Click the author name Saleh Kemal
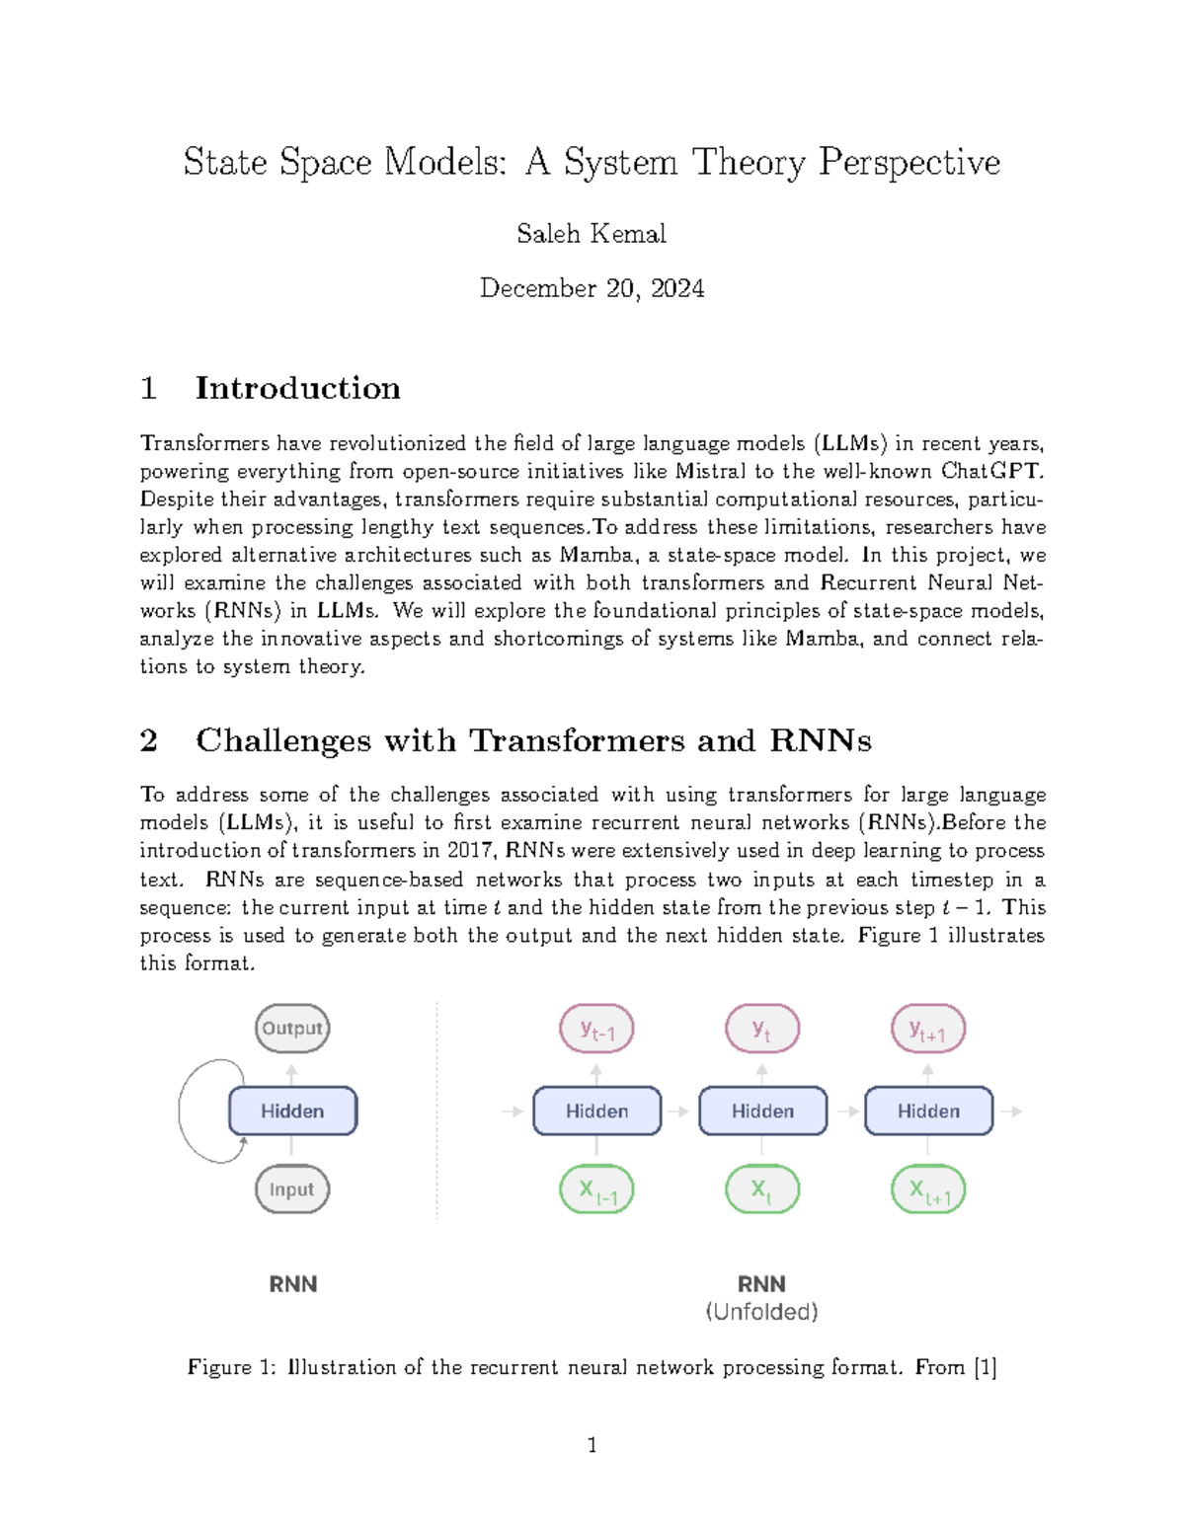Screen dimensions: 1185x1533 click(x=592, y=234)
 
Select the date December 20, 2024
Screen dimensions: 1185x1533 click(x=592, y=288)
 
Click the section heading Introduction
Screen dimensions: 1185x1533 click(x=297, y=388)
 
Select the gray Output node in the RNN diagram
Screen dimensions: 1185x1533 click(x=292, y=1029)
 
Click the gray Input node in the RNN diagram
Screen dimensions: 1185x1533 click(x=292, y=1189)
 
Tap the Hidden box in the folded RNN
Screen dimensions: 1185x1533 click(x=292, y=1111)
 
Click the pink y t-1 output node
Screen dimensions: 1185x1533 click(x=596, y=1030)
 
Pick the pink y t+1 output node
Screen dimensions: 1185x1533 click(x=928, y=1030)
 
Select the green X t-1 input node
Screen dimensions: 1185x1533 click(x=596, y=1190)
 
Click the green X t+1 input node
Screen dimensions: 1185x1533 click(x=928, y=1190)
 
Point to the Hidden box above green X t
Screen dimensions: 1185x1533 click(x=762, y=1111)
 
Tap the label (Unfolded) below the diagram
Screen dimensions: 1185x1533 click(x=761, y=1312)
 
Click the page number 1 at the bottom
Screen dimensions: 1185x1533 click(x=592, y=1446)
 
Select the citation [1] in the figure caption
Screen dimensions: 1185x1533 click(x=985, y=1367)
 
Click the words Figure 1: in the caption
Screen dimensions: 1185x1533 click(x=232, y=1367)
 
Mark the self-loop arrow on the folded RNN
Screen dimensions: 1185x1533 click(x=188, y=1111)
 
